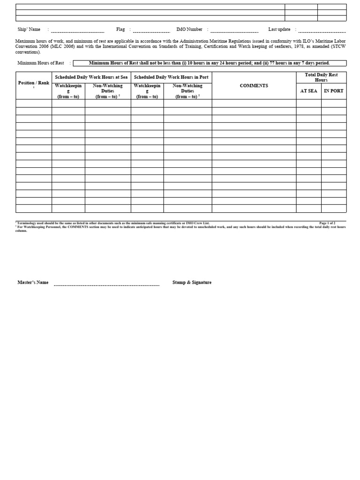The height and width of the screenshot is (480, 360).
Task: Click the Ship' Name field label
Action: click(x=29, y=30)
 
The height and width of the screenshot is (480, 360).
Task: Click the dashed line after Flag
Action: click(x=151, y=31)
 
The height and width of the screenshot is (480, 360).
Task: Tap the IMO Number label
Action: click(x=189, y=30)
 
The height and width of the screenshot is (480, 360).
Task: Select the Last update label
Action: click(x=279, y=30)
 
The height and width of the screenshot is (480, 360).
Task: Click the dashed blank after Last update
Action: click(x=322, y=31)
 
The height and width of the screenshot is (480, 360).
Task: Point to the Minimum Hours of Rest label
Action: click(x=41, y=63)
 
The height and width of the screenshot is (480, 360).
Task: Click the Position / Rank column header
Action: click(x=34, y=83)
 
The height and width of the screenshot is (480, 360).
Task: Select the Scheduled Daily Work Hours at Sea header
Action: click(x=91, y=77)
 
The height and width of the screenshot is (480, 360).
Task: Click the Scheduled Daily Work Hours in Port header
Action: click(x=171, y=77)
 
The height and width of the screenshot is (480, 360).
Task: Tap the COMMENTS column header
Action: click(x=254, y=86)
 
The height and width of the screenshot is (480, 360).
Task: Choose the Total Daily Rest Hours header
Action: click(x=321, y=77)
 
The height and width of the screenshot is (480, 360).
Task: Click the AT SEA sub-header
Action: click(x=308, y=91)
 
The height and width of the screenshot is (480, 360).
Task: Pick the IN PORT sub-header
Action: click(x=333, y=91)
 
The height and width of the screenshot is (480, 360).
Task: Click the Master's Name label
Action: click(x=33, y=283)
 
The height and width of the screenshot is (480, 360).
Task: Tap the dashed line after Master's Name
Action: click(x=106, y=285)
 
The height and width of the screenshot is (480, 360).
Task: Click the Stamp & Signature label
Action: click(x=192, y=283)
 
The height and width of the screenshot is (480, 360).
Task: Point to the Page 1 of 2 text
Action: click(x=327, y=223)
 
